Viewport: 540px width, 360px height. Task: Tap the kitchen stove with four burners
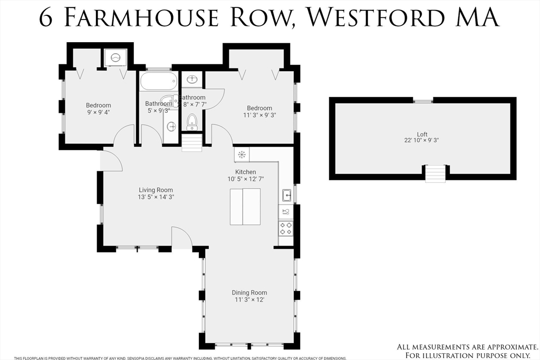coord(286,228)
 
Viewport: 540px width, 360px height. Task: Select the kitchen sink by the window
coord(287,196)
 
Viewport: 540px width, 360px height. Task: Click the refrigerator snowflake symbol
coord(242,154)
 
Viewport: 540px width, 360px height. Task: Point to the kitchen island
coord(245,206)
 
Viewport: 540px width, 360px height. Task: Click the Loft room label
coord(421,134)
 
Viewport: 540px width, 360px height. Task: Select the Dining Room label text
coord(249,293)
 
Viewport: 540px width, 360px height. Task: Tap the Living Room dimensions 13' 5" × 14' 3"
coord(156,197)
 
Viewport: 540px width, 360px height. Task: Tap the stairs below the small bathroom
coord(192,143)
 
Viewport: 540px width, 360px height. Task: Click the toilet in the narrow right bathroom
coord(192,121)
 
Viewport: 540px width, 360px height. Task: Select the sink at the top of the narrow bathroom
coord(192,80)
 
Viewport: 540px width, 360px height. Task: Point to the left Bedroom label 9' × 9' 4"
coord(99,112)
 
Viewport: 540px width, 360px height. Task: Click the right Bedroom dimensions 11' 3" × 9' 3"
coord(259,115)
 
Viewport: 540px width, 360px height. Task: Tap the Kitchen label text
coord(246,172)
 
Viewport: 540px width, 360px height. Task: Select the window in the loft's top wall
coord(423,100)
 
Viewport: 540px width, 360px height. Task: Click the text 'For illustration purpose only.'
coord(468,355)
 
